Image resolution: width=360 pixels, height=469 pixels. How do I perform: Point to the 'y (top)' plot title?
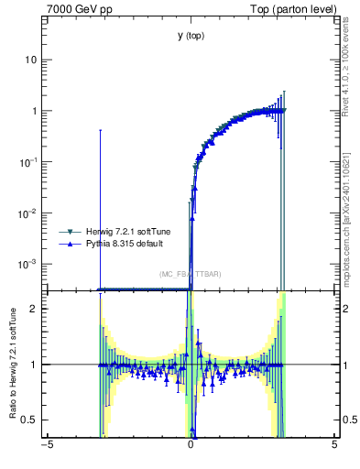click(191, 36)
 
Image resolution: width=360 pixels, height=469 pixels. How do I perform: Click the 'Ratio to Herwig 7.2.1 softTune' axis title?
click(12, 365)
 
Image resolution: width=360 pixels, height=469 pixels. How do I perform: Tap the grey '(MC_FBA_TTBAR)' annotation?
click(191, 274)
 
